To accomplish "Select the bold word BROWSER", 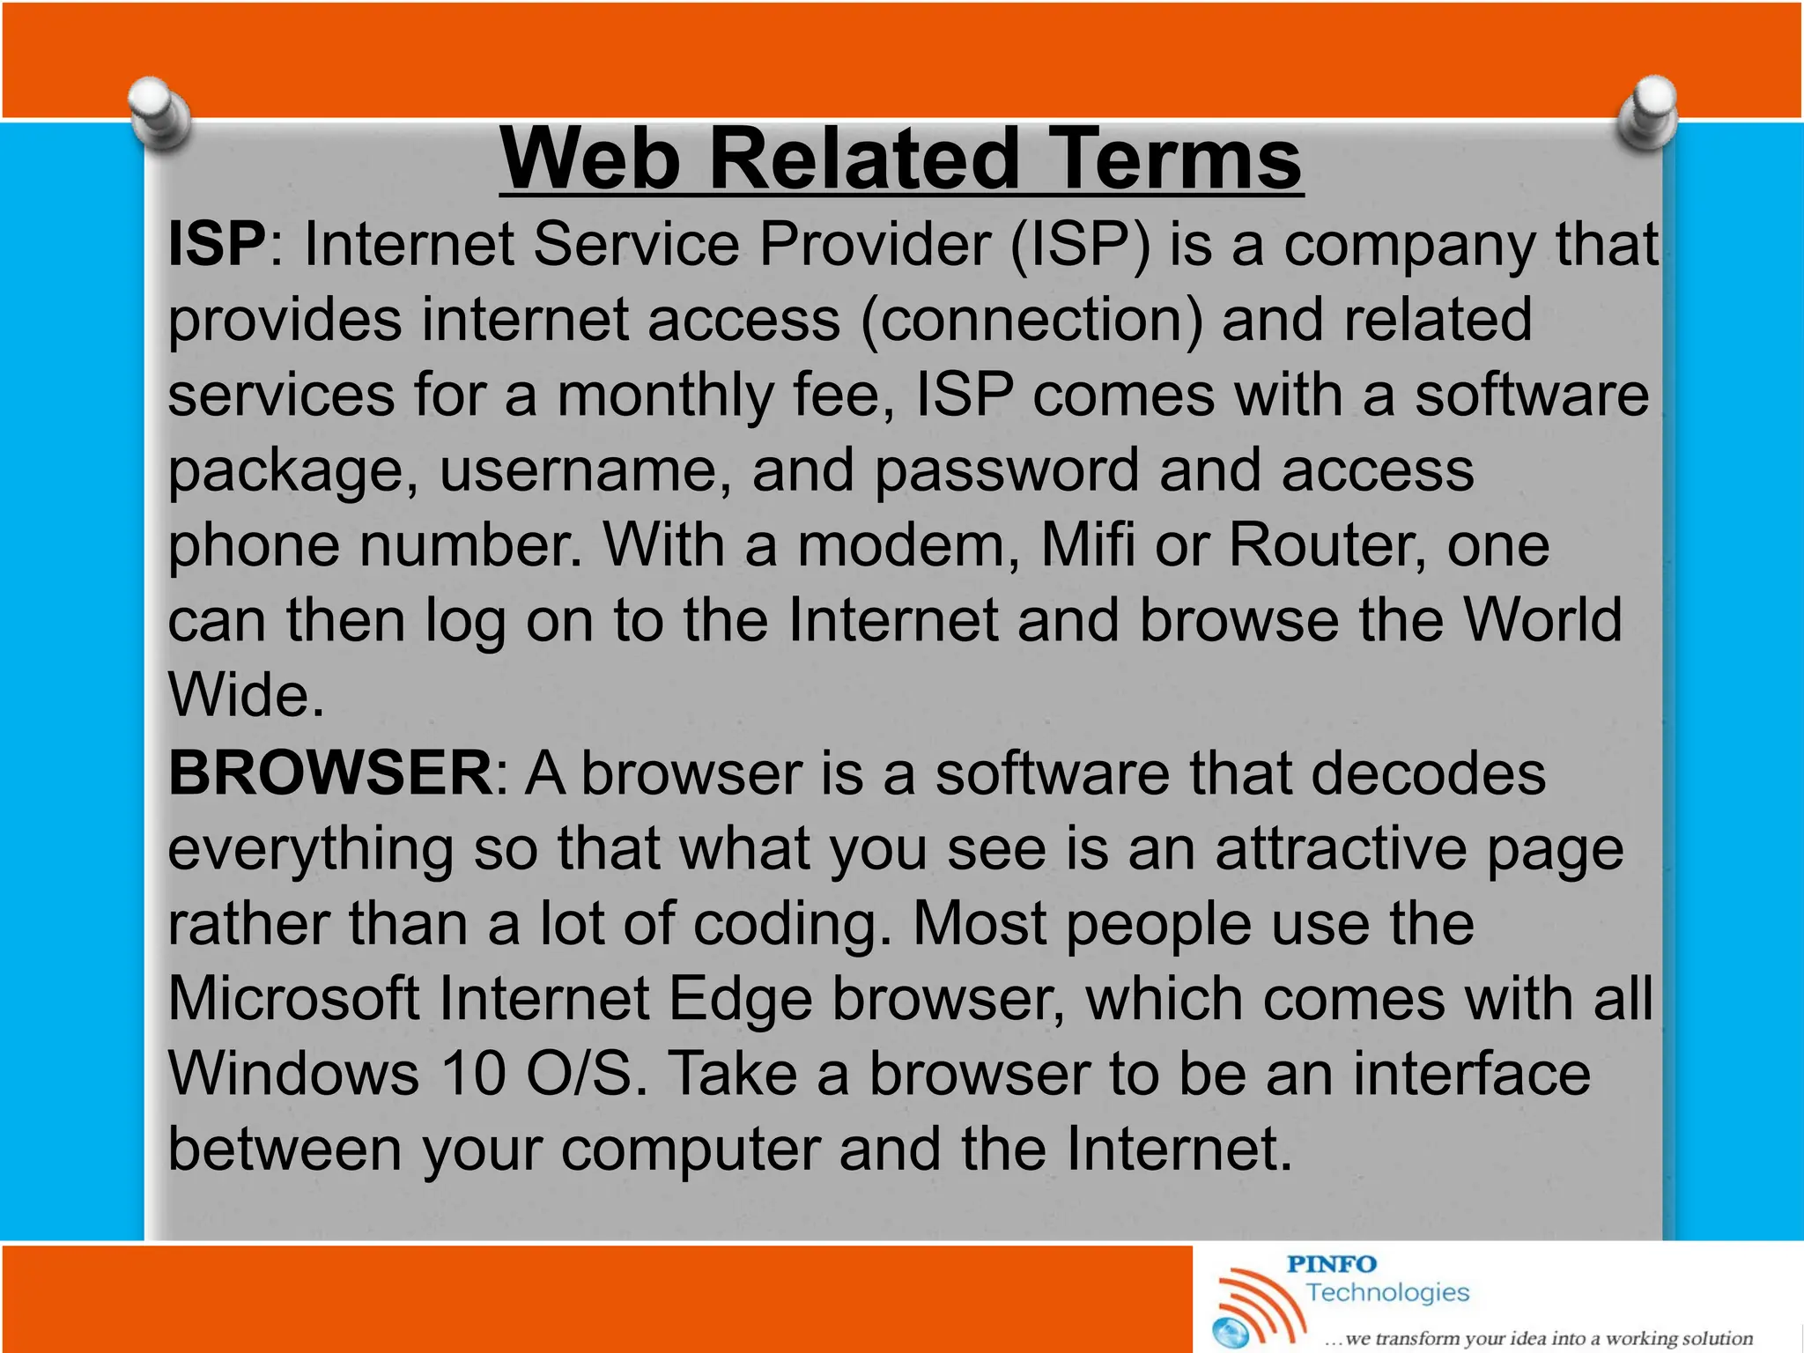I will [x=330, y=773].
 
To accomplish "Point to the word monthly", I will [x=665, y=396].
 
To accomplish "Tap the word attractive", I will [x=1342, y=849].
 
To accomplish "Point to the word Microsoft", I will [x=294, y=999].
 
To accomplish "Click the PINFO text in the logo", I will [x=1332, y=1265].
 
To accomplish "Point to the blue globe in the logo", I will [x=1231, y=1331].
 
